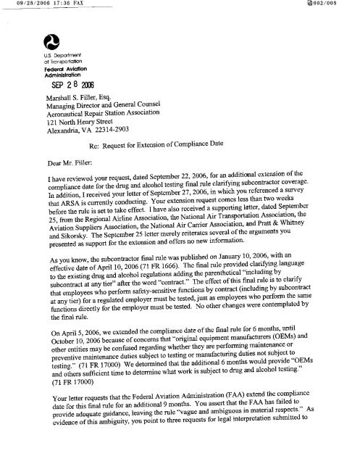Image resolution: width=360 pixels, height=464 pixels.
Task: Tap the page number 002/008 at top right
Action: pos(342,5)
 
